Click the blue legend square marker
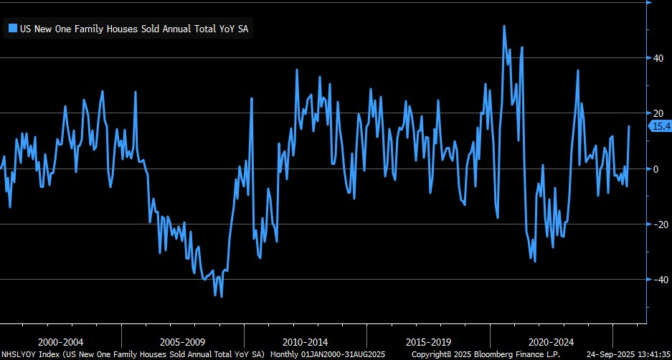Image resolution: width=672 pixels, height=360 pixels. (12, 29)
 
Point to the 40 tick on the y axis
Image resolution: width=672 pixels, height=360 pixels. (656, 57)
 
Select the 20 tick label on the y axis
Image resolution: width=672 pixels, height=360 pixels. (656, 113)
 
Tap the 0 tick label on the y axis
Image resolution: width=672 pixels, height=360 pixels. (654, 169)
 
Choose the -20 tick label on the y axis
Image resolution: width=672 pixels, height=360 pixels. (656, 224)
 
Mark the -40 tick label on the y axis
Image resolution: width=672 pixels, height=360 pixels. (656, 280)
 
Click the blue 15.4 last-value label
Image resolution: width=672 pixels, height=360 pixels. (660, 126)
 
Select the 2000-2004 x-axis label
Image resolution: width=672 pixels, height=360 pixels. (61, 342)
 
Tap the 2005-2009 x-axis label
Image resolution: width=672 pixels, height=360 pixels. (183, 342)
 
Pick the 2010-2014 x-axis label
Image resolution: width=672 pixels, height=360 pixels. (306, 342)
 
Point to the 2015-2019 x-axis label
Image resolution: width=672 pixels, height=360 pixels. (429, 342)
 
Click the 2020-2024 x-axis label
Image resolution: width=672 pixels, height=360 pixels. (552, 342)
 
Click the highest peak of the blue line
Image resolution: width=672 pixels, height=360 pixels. (504, 26)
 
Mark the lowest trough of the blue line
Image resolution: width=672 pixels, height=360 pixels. (222, 296)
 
